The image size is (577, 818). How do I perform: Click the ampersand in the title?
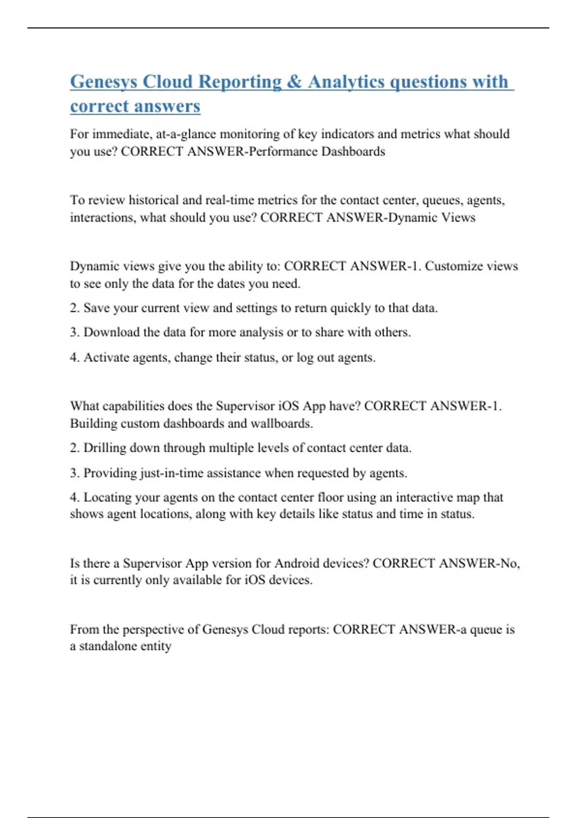[294, 81]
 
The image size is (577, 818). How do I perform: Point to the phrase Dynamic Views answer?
[431, 217]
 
